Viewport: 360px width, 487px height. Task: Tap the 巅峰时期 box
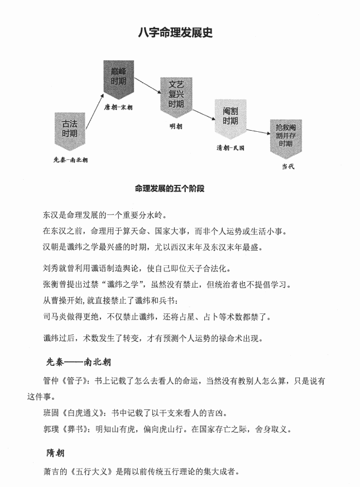coord(118,77)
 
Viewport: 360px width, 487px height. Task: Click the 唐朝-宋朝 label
coord(118,106)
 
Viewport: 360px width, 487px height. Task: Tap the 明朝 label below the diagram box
coord(176,126)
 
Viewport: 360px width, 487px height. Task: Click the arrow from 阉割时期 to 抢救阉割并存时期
coord(257,132)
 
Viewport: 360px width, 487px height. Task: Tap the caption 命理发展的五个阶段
coord(170,189)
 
